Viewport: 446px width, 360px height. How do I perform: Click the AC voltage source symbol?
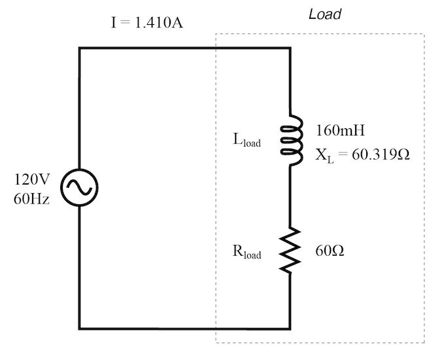pos(79,188)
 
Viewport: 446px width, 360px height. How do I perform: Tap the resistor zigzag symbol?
pos(290,248)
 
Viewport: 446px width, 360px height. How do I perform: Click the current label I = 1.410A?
pos(146,24)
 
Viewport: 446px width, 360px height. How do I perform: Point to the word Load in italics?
pos(325,14)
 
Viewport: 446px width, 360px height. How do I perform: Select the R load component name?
pos(247,253)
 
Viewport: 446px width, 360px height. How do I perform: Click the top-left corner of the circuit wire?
pos(79,48)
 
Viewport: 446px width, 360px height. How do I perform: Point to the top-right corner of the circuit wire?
pos(290,48)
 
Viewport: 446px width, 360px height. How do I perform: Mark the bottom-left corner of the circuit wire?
pos(79,328)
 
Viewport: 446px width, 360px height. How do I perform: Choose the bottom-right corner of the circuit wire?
pos(290,328)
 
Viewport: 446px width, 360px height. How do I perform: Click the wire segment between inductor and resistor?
pos(290,196)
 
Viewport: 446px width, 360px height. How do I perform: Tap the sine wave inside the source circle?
pos(79,188)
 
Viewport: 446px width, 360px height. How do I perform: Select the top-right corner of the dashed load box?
pos(424,34)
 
